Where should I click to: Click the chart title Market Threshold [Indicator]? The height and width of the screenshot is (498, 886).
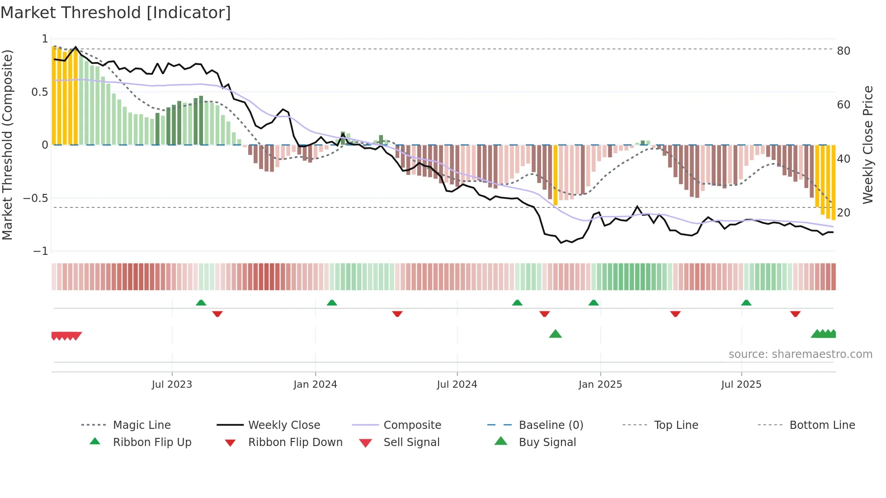[x=116, y=13]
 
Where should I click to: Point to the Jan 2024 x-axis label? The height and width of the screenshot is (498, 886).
[x=315, y=385]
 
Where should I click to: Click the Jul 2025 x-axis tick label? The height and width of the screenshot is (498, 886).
[x=741, y=385]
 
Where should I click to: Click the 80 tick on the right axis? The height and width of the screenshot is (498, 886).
[x=843, y=51]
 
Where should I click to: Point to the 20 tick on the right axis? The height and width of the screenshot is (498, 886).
[x=843, y=213]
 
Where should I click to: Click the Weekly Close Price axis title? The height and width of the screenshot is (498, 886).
[x=867, y=145]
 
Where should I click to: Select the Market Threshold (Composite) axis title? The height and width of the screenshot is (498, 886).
[x=7, y=145]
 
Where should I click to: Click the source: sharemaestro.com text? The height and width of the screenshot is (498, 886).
[x=800, y=354]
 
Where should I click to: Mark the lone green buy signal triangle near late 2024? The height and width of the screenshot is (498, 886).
[x=555, y=334]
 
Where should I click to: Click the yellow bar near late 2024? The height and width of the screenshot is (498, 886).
[x=556, y=175]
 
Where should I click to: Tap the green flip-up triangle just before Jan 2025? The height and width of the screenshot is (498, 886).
[x=594, y=303]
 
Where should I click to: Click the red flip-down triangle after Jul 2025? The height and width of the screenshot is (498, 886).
[x=795, y=314]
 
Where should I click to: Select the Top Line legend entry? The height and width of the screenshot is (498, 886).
[x=676, y=425]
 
